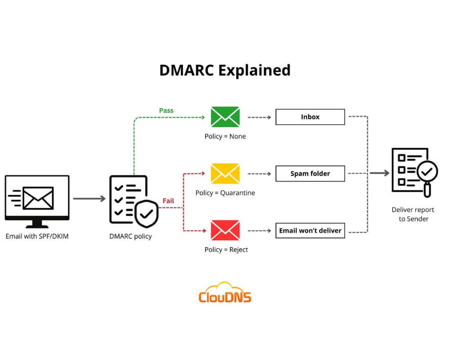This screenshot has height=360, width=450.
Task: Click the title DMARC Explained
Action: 225,71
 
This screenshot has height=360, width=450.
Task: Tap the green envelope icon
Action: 225,117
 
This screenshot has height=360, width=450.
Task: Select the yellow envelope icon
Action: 225,174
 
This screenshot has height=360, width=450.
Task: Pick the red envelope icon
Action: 225,230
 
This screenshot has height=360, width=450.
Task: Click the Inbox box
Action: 310,117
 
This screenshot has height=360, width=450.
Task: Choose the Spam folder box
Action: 310,174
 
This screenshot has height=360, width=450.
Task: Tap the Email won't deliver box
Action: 310,230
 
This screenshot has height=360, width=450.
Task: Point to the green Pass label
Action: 166,111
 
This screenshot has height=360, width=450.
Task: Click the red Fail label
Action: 168,201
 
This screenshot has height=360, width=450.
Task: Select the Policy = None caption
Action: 225,136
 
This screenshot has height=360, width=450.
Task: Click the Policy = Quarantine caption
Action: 225,193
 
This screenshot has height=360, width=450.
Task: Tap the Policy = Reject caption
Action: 225,250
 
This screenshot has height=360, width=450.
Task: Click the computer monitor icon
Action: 37,200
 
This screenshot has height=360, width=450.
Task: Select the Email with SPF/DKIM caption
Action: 37,236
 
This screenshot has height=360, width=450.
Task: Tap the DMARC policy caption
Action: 130,236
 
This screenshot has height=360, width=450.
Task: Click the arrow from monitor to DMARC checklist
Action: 89,198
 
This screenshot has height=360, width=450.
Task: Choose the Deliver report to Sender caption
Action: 413,214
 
